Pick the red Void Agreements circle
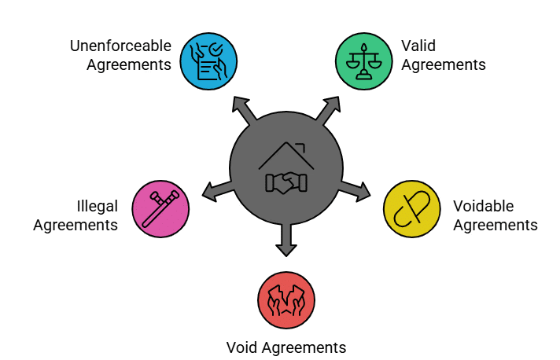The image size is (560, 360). [x=286, y=300]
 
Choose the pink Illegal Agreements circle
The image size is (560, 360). [x=160, y=209]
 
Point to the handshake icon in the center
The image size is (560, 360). [x=286, y=182]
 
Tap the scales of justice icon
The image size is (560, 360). [x=363, y=60]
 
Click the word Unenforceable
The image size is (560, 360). [x=120, y=46]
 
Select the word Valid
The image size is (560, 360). [x=418, y=46]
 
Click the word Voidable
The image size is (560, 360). [x=483, y=207]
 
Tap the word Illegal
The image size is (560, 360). [x=98, y=207]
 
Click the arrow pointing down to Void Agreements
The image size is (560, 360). [x=286, y=241]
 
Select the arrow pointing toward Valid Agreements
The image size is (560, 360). [x=329, y=108]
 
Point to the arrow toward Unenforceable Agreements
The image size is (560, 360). [x=243, y=108]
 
